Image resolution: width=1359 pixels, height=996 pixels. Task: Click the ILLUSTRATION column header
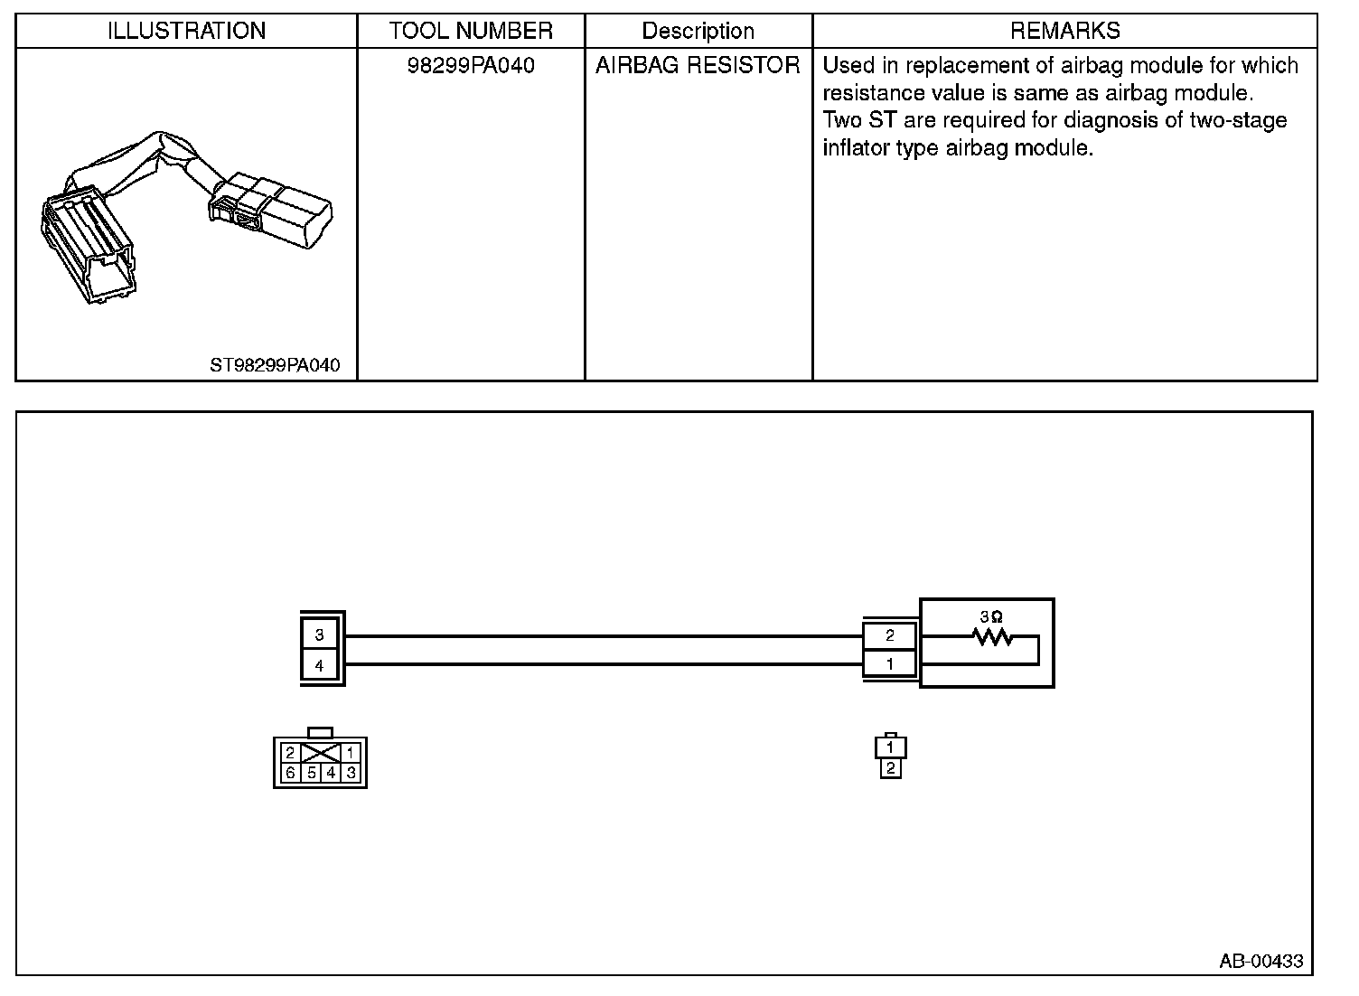[186, 31]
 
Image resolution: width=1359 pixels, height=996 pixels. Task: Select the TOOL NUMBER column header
[471, 31]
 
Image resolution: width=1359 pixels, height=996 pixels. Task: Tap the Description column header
[698, 31]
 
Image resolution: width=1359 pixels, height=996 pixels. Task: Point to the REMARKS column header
[1064, 31]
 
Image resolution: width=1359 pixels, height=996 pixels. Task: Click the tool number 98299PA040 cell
[471, 66]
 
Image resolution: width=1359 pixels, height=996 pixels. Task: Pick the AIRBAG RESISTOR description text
[698, 66]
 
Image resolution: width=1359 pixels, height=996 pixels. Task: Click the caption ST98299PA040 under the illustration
[275, 366]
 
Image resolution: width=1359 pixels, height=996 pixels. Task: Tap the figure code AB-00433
[1261, 961]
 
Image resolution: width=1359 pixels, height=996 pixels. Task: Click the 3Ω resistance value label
[990, 616]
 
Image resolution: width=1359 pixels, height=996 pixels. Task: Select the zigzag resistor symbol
[992, 638]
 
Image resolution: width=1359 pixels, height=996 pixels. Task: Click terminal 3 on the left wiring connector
[319, 634]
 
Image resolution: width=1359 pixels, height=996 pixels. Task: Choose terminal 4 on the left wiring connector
[319, 666]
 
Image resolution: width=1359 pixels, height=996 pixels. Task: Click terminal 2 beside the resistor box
[889, 635]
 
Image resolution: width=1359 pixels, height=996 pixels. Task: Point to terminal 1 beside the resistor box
[889, 663]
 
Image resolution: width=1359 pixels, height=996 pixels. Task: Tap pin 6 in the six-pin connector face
[290, 773]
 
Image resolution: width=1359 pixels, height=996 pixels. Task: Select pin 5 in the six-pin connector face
[311, 773]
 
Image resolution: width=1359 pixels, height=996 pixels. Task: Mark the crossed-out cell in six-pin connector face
[320, 753]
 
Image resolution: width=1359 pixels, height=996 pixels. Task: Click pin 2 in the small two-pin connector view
[891, 768]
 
